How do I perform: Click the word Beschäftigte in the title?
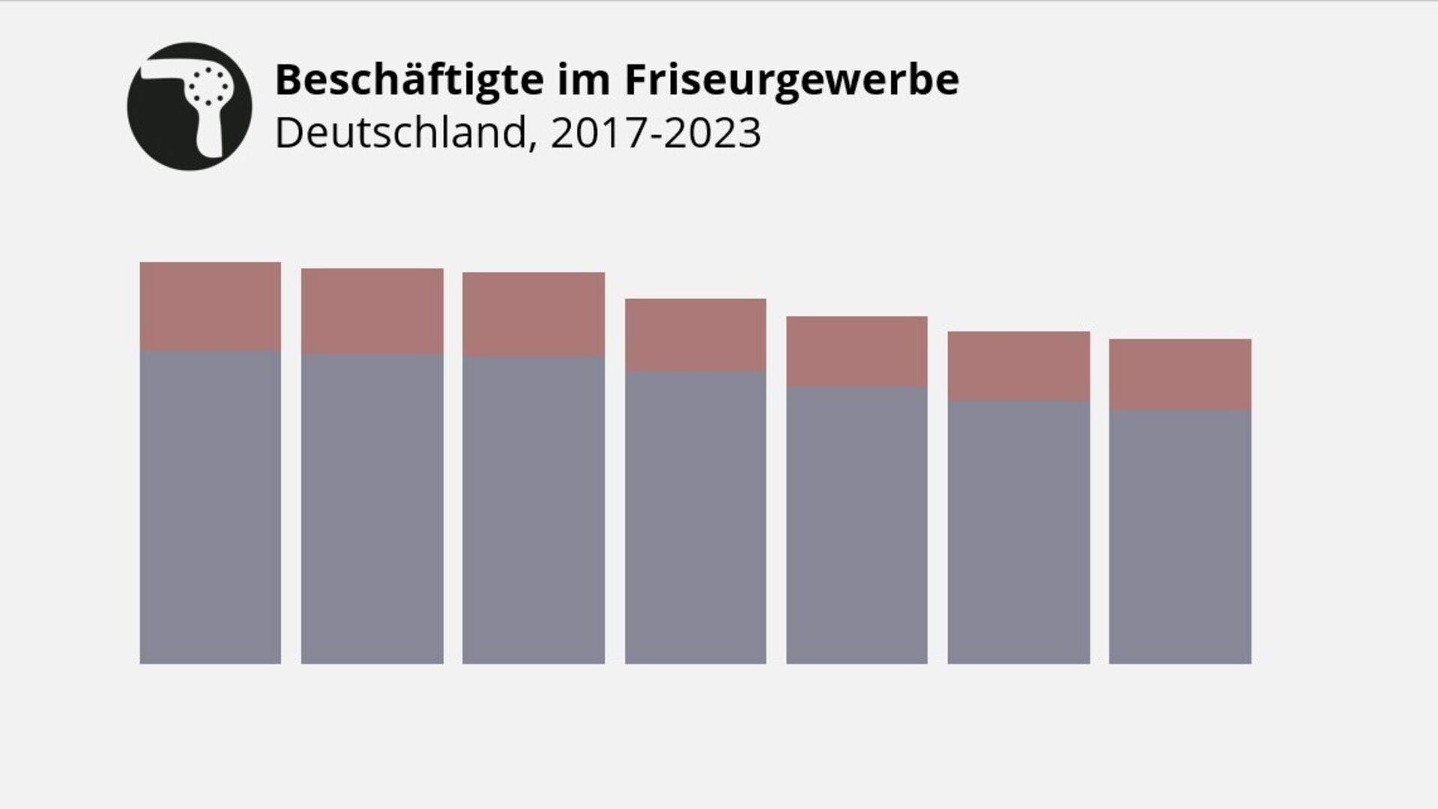pyautogui.click(x=409, y=80)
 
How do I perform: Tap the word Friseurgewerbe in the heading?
pyautogui.click(x=791, y=80)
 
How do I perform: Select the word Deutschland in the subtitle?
pyautogui.click(x=402, y=133)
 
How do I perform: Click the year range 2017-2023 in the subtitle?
pyautogui.click(x=656, y=133)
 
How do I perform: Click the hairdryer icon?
pyautogui.click(x=190, y=106)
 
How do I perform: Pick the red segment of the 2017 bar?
pyautogui.click(x=211, y=306)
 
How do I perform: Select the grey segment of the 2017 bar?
pyautogui.click(x=211, y=507)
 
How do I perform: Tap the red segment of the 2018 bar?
pyautogui.click(x=372, y=311)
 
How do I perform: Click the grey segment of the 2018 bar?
pyautogui.click(x=372, y=509)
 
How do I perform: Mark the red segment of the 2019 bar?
pyautogui.click(x=534, y=314)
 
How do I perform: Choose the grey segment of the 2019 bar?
pyautogui.click(x=534, y=510)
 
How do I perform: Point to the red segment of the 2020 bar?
pyautogui.click(x=695, y=335)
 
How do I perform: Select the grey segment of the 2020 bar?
pyautogui.click(x=695, y=518)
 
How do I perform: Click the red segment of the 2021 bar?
pyautogui.click(x=857, y=351)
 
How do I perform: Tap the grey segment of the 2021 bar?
pyautogui.click(x=857, y=525)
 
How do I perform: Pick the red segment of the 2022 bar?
pyautogui.click(x=1018, y=366)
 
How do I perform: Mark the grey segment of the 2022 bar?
pyautogui.click(x=1018, y=532)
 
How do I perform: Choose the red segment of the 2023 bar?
pyautogui.click(x=1180, y=374)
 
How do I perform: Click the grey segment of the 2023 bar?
pyautogui.click(x=1180, y=536)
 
